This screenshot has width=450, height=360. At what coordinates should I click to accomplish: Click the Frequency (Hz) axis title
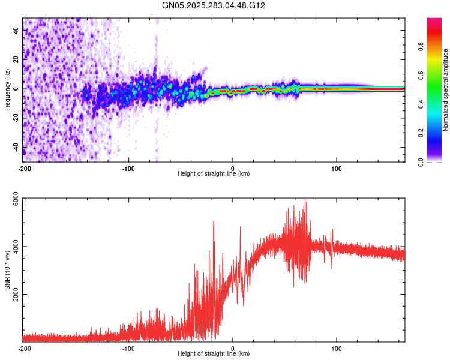coord(7,89)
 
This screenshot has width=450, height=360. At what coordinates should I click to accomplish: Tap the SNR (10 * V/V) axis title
coord(7,269)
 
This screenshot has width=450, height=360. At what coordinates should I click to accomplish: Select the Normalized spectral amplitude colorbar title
coord(445,89)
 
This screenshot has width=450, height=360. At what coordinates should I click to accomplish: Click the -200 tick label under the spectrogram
coord(25,167)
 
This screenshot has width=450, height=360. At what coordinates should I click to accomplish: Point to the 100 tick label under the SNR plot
coord(337,348)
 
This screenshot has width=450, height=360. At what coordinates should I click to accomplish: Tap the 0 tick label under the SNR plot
coord(233,348)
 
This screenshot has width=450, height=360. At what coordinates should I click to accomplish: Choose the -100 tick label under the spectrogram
coord(128,167)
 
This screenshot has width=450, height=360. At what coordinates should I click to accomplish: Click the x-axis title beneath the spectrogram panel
coord(214,174)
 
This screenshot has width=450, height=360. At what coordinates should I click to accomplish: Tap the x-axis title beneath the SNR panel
coord(214,354)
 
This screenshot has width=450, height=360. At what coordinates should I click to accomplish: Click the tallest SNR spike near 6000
coord(306,200)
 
